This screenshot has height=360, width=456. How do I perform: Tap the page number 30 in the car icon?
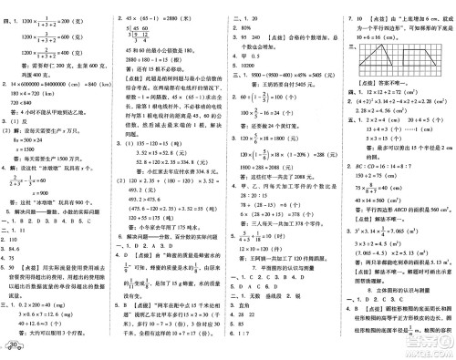(17, 348)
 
